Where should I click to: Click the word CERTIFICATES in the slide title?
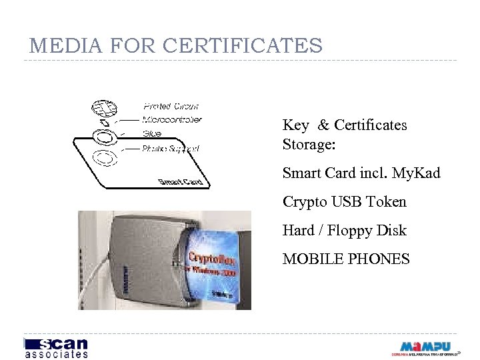click(243, 46)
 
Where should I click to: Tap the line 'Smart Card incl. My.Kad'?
click(361, 173)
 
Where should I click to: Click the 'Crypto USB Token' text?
click(344, 201)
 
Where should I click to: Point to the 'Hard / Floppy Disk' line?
click(344, 230)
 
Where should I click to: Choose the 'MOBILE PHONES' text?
click(346, 259)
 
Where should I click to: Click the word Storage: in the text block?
click(309, 144)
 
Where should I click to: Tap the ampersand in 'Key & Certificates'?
click(323, 125)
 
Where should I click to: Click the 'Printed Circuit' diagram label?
click(171, 106)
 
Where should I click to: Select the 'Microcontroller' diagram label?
click(172, 120)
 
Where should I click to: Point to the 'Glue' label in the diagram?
click(152, 134)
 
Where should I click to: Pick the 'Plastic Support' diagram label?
click(171, 149)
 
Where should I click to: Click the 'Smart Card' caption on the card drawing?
click(180, 181)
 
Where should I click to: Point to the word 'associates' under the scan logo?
click(56, 355)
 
